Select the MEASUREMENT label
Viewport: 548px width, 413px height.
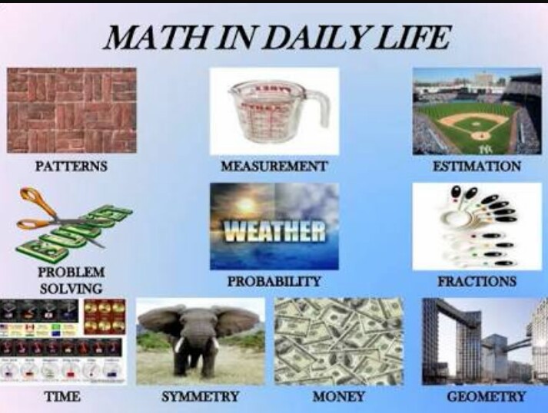click(274, 166)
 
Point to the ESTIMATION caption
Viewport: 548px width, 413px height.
click(477, 166)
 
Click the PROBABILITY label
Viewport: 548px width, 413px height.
click(274, 282)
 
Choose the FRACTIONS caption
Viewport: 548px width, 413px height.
click(477, 282)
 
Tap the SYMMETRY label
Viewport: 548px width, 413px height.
click(201, 397)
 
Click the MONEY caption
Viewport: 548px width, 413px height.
click(338, 397)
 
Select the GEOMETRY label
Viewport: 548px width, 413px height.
click(487, 397)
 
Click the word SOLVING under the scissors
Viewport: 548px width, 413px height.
click(71, 289)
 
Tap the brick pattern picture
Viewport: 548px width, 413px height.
click(71, 110)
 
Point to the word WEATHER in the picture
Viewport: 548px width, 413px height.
click(274, 230)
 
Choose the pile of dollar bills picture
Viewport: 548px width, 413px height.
click(338, 341)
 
